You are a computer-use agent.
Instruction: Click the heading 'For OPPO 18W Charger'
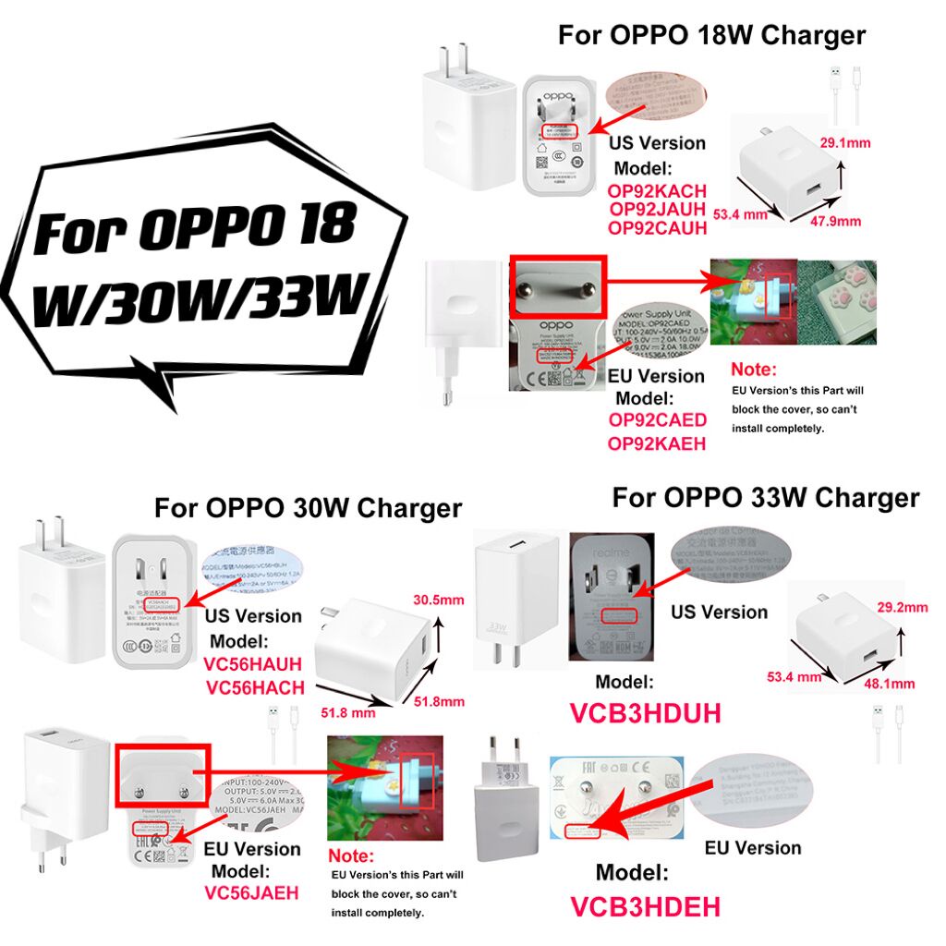711,35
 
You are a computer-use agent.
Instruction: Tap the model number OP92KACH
657,191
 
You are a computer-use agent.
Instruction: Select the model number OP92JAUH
657,211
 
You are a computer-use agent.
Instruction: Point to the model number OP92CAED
657,420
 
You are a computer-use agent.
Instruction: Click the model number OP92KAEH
657,443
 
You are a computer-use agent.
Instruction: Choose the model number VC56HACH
256,687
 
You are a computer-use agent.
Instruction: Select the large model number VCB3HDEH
645,905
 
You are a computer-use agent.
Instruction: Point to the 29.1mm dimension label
845,142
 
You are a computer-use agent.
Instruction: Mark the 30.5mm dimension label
437,599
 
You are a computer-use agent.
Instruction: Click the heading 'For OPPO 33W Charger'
765,498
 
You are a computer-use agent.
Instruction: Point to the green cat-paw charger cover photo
837,289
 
